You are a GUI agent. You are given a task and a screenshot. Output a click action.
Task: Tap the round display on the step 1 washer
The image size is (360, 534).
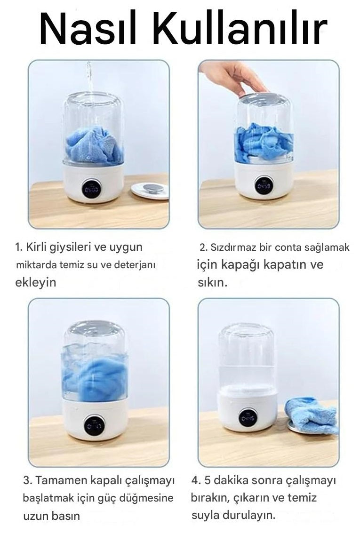91,188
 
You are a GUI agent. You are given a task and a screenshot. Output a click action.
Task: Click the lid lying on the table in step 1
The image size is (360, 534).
150,190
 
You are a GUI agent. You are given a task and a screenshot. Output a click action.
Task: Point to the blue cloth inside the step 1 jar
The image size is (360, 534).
93,145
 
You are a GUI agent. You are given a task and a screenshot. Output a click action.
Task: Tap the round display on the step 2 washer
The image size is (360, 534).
264,185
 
